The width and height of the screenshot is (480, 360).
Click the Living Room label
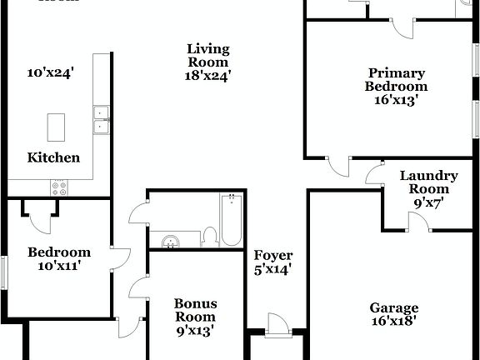pyautogui.click(x=207, y=55)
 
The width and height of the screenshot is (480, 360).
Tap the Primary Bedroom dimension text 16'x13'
pyautogui.click(x=396, y=99)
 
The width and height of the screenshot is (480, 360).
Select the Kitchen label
pyautogui.click(x=54, y=157)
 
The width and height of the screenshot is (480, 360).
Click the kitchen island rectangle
pyautogui.click(x=57, y=127)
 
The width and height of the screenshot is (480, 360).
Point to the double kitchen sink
pyautogui.click(x=102, y=120)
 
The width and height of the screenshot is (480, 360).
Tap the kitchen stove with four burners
pyautogui.click(x=60, y=188)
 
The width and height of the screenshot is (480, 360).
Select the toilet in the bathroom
pyautogui.click(x=209, y=237)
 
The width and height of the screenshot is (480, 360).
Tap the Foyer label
pyautogui.click(x=273, y=255)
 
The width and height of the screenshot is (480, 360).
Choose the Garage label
pyautogui.click(x=394, y=307)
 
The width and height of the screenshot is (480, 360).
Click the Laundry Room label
pyautogui.click(x=428, y=182)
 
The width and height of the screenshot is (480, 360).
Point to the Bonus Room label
pyautogui.click(x=194, y=310)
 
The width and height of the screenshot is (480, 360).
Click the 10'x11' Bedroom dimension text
pyautogui.click(x=58, y=267)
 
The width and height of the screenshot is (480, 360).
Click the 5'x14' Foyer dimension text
pyautogui.click(x=273, y=269)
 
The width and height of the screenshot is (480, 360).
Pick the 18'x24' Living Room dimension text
pyautogui.click(x=207, y=75)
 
